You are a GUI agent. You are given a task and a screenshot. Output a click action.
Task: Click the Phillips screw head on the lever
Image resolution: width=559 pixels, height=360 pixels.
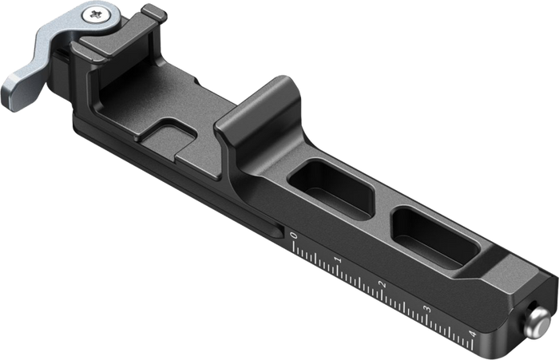[97, 15]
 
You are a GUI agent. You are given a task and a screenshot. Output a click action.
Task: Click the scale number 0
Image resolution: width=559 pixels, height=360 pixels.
[294, 235]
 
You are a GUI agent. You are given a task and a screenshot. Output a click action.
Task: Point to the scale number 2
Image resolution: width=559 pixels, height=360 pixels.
[383, 284]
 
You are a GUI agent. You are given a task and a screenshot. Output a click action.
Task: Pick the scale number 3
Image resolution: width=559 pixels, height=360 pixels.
[427, 309]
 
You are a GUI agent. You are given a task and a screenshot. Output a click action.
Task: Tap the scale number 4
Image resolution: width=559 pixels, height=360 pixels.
[473, 334]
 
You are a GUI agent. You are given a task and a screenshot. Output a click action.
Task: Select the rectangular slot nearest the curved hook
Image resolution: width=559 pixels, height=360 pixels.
[331, 190]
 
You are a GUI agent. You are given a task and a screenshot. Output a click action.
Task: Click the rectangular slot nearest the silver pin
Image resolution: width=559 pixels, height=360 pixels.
[436, 237]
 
